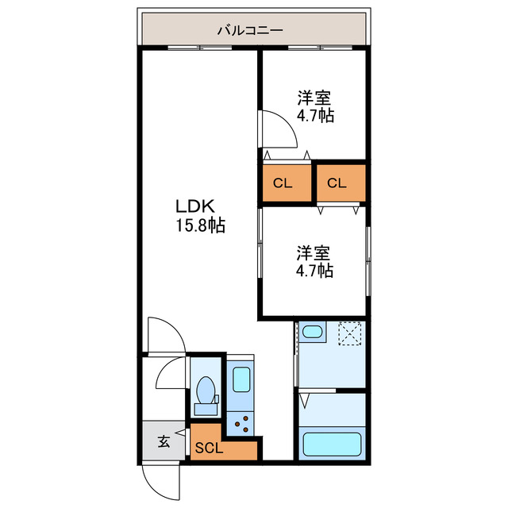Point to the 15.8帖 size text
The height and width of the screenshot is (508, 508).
click(200, 225)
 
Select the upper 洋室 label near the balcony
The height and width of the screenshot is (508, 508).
click(314, 98)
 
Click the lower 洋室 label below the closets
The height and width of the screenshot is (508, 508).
click(314, 253)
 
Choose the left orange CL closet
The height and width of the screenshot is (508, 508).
click(283, 183)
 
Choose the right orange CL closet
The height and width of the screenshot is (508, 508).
click(337, 183)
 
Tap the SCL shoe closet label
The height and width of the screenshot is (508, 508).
click(210, 448)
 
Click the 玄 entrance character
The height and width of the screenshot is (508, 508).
click(163, 442)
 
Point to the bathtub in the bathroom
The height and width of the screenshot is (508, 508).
click(333, 444)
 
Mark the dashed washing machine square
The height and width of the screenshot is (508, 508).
click(350, 333)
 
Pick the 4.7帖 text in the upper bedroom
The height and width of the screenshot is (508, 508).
click(315, 116)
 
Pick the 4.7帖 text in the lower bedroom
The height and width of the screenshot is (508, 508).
click(315, 271)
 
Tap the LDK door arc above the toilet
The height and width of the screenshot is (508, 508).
click(162, 334)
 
